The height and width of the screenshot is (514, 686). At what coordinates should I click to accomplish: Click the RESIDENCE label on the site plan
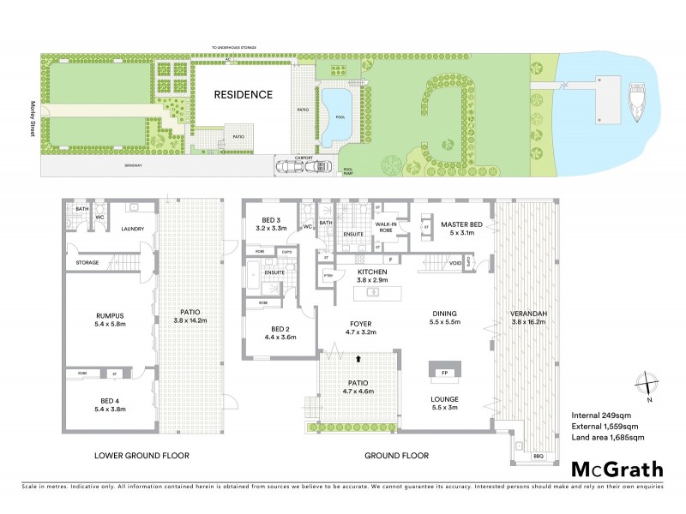pyautogui.click(x=243, y=95)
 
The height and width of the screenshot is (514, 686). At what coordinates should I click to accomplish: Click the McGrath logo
pyautogui.click(x=617, y=469)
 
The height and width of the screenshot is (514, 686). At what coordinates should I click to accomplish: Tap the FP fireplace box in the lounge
pyautogui.click(x=444, y=373)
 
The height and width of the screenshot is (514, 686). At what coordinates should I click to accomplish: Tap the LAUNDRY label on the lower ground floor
pyautogui.click(x=131, y=229)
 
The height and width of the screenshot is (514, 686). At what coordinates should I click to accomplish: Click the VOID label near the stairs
pyautogui.click(x=456, y=264)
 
